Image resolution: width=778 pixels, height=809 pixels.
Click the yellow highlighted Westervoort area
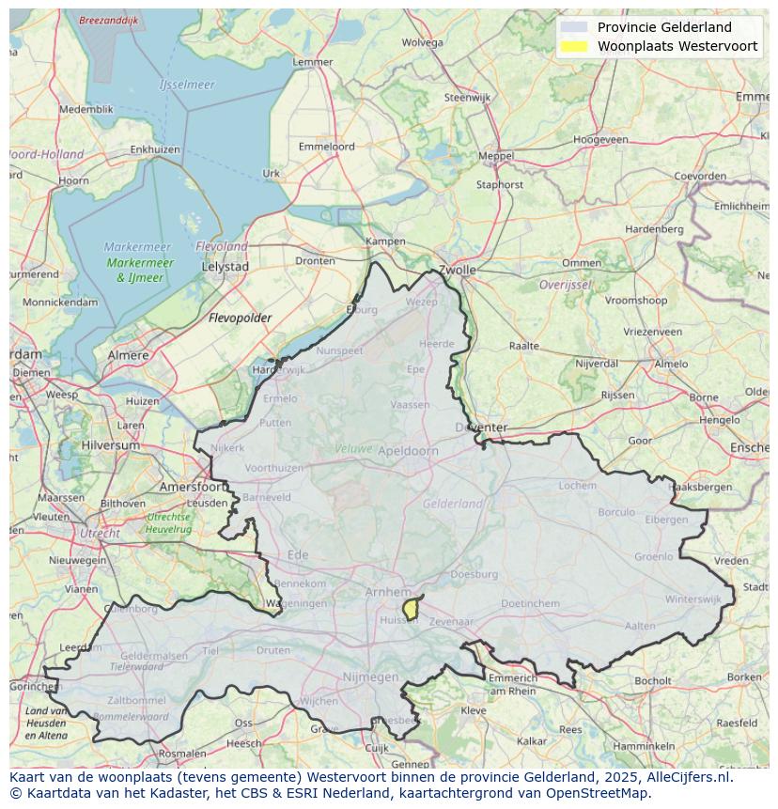coord(411,609)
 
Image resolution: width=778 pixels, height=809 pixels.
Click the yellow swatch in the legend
coord(573,46)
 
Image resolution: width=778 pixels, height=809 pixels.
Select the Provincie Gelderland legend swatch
coord(573,27)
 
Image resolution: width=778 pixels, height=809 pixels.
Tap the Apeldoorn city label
coord(408,451)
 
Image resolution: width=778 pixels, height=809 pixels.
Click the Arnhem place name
coord(388,592)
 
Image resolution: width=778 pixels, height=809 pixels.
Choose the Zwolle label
coord(457,270)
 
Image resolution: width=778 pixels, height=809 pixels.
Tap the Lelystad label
coord(226,267)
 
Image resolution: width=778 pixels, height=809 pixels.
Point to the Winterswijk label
coord(692,599)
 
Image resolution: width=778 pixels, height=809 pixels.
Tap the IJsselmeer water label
coord(187,85)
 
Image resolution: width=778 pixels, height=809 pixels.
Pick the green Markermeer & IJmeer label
coord(140,271)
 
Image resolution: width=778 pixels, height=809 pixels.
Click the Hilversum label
coord(109,445)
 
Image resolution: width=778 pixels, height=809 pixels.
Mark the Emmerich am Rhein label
coord(513,684)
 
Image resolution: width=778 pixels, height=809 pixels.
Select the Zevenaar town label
coord(452,622)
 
